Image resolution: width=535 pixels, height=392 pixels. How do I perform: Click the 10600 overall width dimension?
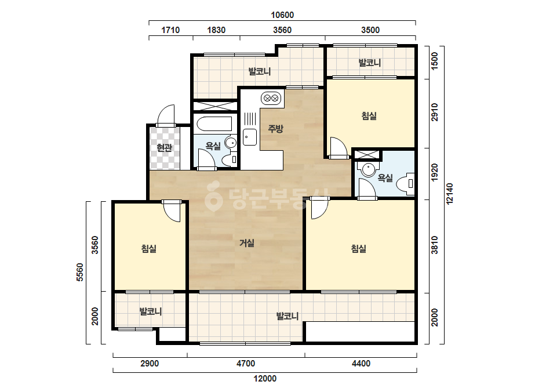[282, 15]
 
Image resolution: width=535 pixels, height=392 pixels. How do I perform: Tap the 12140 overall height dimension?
[450, 194]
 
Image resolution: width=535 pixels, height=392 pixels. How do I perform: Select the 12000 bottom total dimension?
[265, 378]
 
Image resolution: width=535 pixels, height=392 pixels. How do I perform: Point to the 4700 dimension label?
[246, 364]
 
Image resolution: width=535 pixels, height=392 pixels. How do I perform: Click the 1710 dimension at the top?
[170, 30]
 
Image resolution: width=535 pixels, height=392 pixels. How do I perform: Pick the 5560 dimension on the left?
[79, 272]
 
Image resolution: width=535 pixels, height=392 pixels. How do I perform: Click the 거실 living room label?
[247, 243]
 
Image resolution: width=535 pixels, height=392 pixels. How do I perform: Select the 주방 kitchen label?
[275, 129]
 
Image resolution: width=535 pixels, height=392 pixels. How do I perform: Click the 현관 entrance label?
[164, 148]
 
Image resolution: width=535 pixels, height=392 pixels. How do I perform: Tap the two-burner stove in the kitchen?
[271, 99]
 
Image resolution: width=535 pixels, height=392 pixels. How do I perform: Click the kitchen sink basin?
[250, 137]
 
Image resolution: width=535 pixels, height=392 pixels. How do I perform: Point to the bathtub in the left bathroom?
[214, 124]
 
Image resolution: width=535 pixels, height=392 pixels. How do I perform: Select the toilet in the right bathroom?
[405, 184]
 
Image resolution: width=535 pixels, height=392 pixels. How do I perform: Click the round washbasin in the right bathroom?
[369, 169]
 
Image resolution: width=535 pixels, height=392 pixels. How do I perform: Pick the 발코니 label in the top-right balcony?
[370, 63]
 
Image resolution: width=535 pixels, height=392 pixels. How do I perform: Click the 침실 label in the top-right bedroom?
[369, 116]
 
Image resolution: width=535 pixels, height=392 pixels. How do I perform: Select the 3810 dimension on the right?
[434, 245]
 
